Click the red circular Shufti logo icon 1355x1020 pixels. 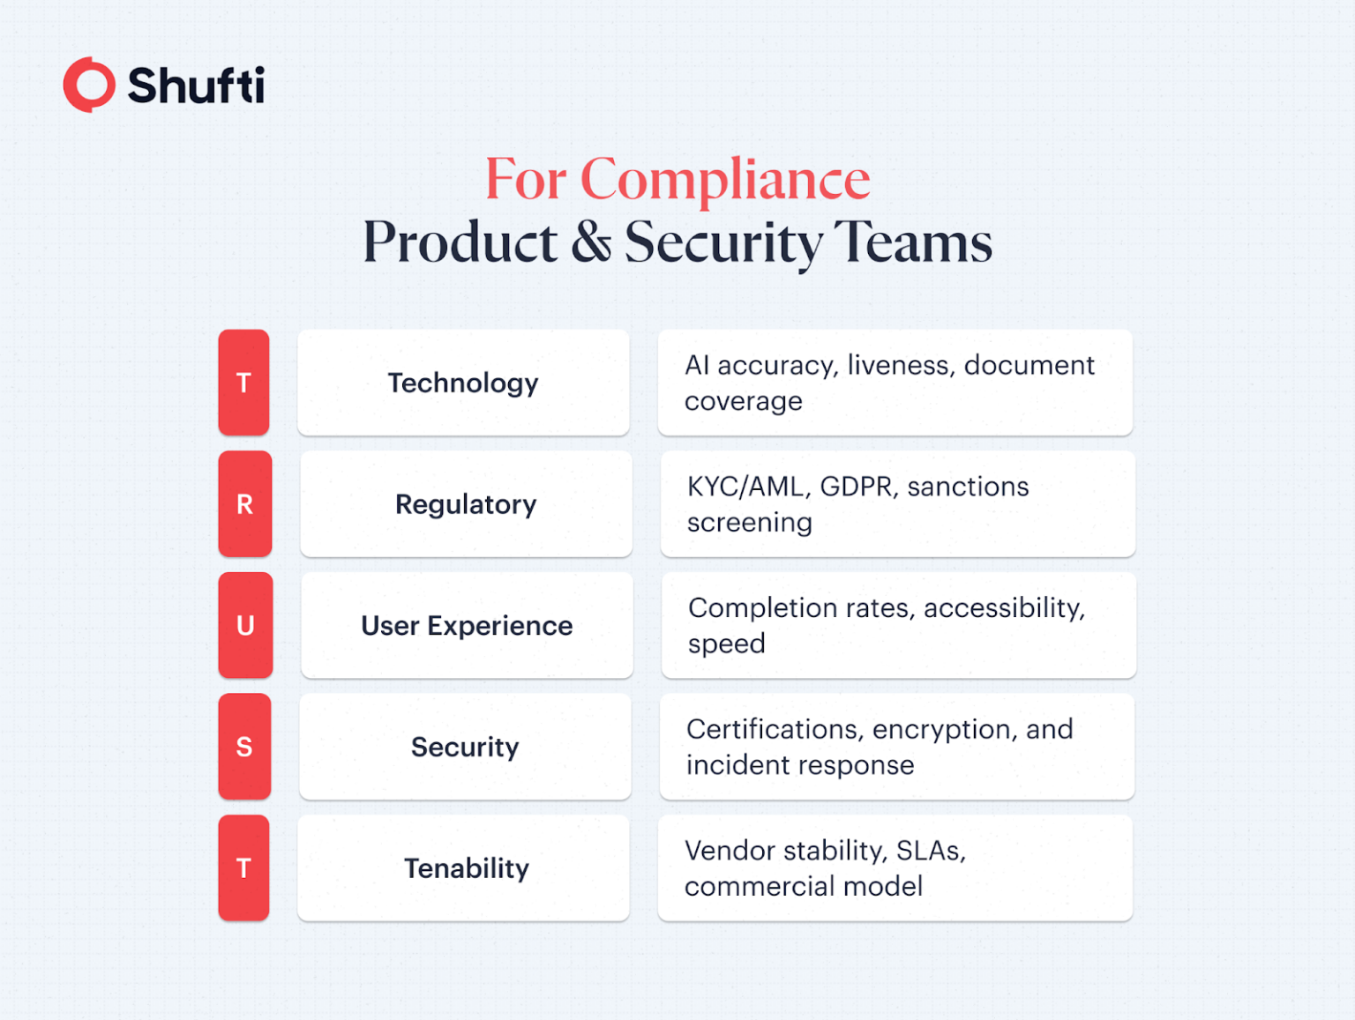pyautogui.click(x=89, y=86)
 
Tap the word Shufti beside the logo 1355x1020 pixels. pyautogui.click(x=196, y=86)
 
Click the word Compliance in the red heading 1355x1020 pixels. pyautogui.click(x=724, y=180)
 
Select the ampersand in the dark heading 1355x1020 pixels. pyautogui.click(x=591, y=242)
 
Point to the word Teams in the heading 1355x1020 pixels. pyautogui.click(x=913, y=242)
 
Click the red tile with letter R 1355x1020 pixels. pyautogui.click(x=244, y=504)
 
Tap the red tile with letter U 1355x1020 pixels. pyautogui.click(x=245, y=625)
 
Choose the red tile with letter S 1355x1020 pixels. pyautogui.click(x=244, y=747)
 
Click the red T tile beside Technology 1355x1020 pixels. pyautogui.click(x=243, y=383)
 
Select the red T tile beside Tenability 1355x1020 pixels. pyautogui.click(x=243, y=868)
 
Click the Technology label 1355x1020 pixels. pyautogui.click(x=463, y=383)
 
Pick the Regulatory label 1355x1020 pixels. pyautogui.click(x=466, y=504)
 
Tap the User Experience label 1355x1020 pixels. pyautogui.click(x=467, y=625)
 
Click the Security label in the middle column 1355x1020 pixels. pyautogui.click(x=465, y=747)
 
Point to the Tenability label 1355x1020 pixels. pyautogui.click(x=466, y=868)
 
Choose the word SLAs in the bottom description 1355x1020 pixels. pyautogui.click(x=930, y=851)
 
